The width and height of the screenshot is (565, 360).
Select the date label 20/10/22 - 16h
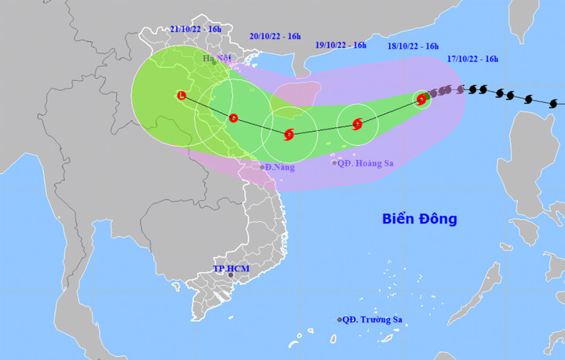point(275,36)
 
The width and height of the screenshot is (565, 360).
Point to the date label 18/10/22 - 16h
point(413,46)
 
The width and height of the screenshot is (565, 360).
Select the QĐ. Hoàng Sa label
point(364,163)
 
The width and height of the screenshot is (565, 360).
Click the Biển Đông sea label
point(419,219)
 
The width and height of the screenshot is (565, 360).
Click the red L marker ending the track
point(183,96)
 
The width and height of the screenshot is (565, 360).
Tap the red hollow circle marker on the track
point(233,118)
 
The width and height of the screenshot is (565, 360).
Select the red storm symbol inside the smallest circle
point(422,99)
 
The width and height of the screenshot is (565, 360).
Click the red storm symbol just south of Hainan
point(289,134)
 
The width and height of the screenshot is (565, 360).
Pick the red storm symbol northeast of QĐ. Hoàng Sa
point(358,124)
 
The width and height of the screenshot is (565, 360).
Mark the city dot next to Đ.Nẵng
point(262,167)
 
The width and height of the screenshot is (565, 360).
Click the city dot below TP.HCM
point(231,275)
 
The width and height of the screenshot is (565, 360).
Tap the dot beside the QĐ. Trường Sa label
point(340,320)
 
